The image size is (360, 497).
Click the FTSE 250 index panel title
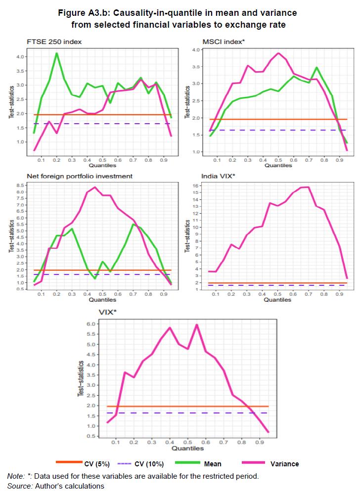click(x=54, y=42)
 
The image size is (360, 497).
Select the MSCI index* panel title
click(x=224, y=42)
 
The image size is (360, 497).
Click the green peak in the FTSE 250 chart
click(x=57, y=53)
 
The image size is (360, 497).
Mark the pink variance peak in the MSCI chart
click(x=278, y=53)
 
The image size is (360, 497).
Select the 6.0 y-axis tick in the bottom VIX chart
click(x=91, y=324)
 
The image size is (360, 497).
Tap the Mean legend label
click(x=212, y=464)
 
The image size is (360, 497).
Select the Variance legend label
click(x=284, y=464)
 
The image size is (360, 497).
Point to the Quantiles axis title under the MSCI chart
click(x=278, y=165)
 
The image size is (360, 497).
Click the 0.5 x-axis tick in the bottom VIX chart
click(x=187, y=443)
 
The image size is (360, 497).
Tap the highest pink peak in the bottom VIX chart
click(x=197, y=324)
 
